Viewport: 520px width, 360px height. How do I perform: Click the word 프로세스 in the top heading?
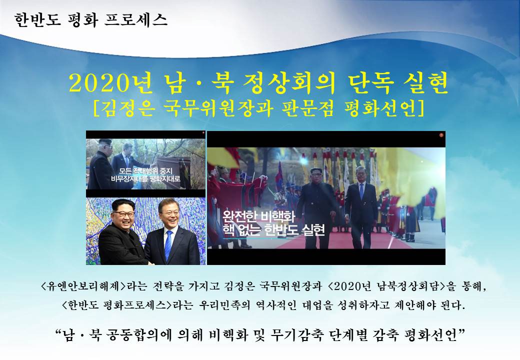tap(136, 20)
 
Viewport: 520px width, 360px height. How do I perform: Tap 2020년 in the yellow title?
tap(111, 83)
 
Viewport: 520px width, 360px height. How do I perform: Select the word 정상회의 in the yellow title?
tap(289, 83)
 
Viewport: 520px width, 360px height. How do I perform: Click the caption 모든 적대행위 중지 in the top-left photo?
tap(146, 171)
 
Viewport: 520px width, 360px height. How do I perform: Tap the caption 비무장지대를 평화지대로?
tap(146, 179)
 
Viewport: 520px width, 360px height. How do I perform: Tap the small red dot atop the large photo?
tap(441, 135)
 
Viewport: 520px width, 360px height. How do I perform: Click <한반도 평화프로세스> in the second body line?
tap(117, 305)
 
